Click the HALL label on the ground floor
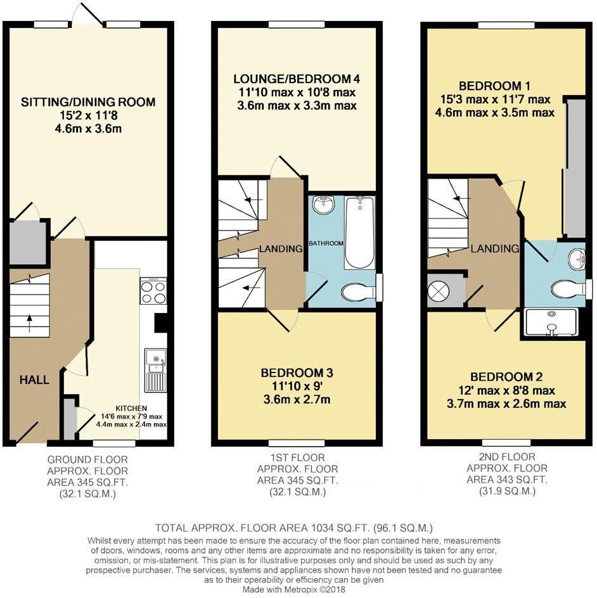click(34, 379)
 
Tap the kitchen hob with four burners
click(154, 291)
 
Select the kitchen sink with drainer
click(155, 371)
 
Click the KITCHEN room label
click(132, 408)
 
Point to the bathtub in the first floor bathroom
click(359, 232)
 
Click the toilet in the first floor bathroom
click(359, 293)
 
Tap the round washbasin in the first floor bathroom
click(323, 205)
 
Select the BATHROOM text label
click(326, 243)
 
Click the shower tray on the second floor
click(551, 322)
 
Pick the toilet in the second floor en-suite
click(568, 289)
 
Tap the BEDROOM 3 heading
click(297, 372)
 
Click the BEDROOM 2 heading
click(506, 377)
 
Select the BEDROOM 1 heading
click(495, 86)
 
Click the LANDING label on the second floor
click(495, 249)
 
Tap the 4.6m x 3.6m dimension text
click(88, 129)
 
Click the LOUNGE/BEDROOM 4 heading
click(297, 79)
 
